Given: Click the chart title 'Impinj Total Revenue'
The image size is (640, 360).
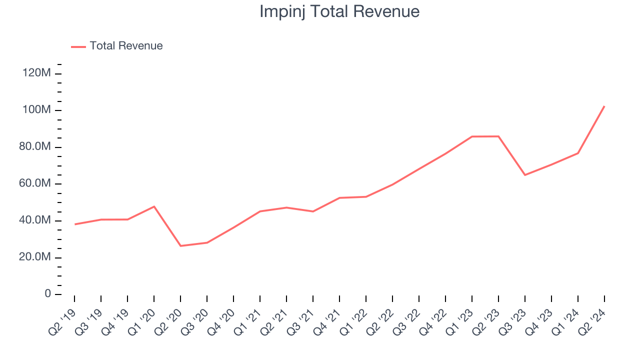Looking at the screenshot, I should (339, 11).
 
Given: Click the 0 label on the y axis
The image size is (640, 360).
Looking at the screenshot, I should (48, 294).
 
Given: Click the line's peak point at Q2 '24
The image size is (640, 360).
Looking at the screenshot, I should (604, 106).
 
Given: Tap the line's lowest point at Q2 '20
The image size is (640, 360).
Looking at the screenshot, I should (180, 245).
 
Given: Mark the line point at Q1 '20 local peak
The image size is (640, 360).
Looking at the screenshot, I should (154, 206).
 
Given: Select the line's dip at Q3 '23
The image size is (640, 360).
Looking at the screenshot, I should (525, 174).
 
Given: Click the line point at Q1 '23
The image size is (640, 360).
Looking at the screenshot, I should (472, 136).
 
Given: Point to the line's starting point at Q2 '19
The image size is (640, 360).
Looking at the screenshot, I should (74, 224).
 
